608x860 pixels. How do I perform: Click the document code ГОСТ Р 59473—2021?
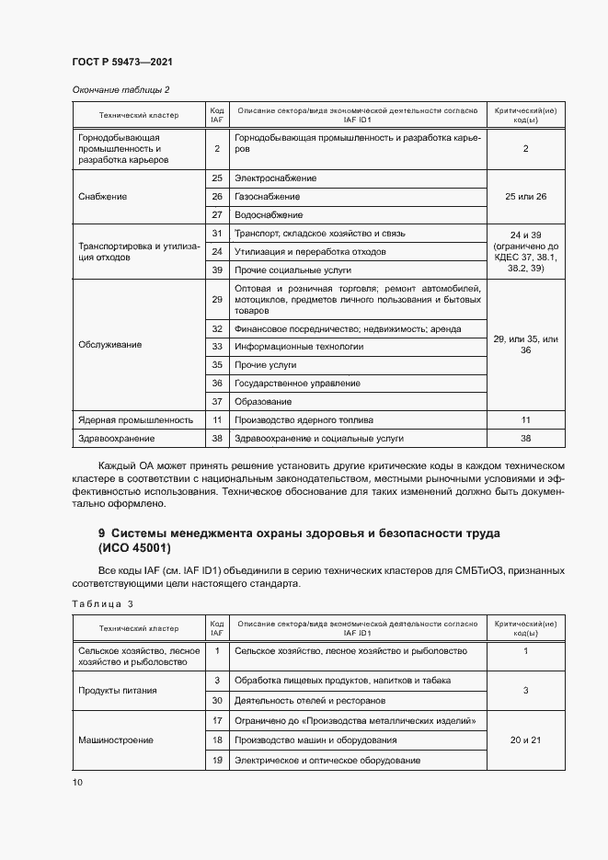click(x=122, y=62)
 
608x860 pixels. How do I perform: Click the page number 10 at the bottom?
click(x=77, y=782)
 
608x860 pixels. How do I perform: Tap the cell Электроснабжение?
click(x=276, y=178)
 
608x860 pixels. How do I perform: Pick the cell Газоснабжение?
click(x=268, y=197)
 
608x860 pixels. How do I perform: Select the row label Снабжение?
click(x=103, y=197)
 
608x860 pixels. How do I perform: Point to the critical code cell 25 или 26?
click(x=525, y=197)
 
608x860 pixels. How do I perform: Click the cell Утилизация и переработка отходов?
click(x=310, y=251)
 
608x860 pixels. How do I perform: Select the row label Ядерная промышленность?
click(x=136, y=419)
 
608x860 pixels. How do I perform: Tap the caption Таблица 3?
click(x=103, y=603)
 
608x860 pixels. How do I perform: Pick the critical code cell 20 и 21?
click(x=525, y=740)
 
